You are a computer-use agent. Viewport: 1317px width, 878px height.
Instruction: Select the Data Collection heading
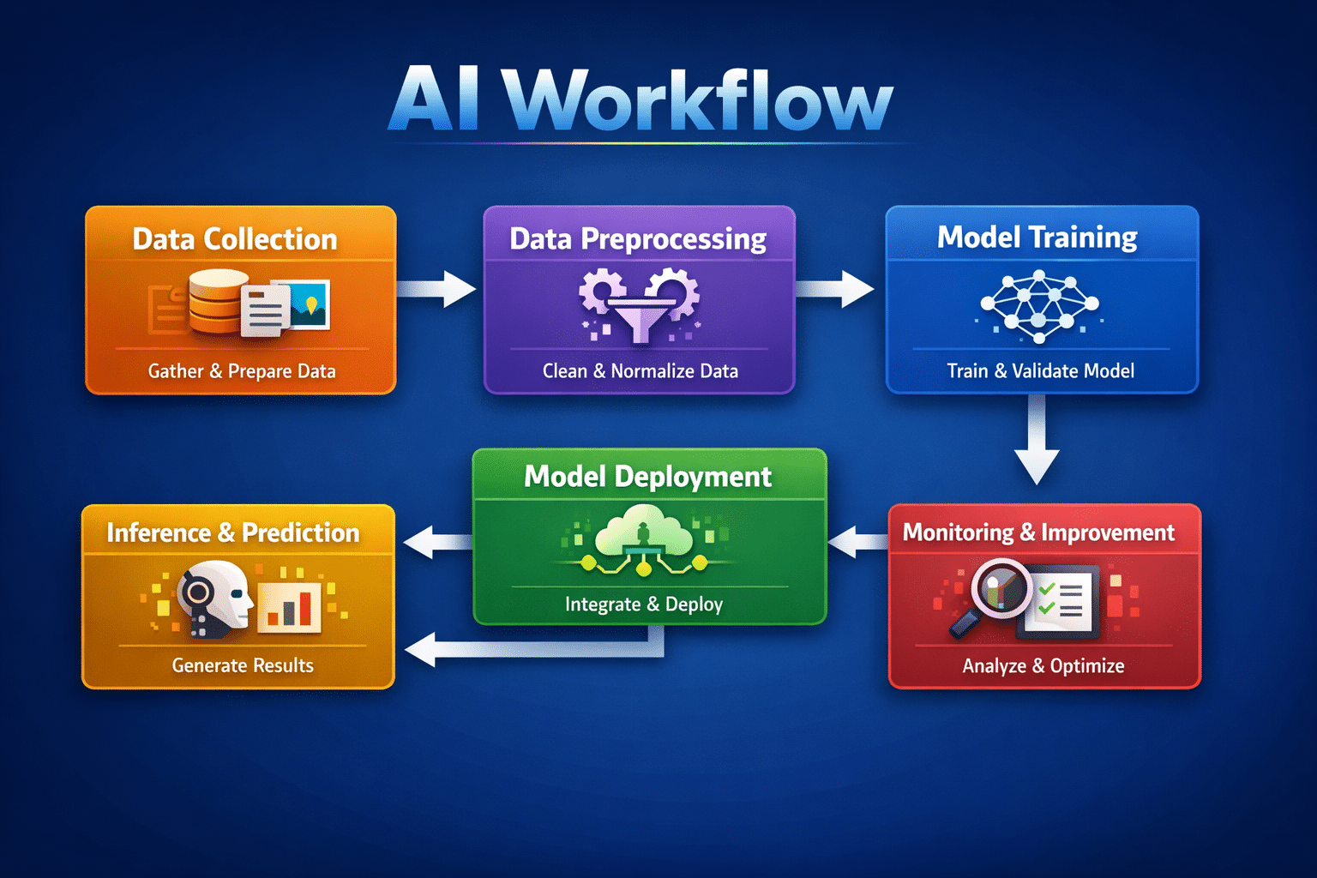click(x=235, y=239)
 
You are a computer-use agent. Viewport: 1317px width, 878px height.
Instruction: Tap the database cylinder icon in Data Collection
click(x=216, y=302)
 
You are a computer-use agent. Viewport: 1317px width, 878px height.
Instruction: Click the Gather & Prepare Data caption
click(x=242, y=371)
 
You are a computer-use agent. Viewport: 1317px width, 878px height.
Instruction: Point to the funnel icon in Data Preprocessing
click(x=640, y=317)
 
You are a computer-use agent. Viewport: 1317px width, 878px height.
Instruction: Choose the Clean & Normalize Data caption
click(x=640, y=371)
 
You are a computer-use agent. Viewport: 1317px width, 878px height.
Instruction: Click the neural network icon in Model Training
click(x=1039, y=306)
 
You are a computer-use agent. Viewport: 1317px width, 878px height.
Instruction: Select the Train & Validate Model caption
click(x=1040, y=371)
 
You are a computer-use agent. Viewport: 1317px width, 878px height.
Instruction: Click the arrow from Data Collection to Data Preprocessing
click(x=437, y=288)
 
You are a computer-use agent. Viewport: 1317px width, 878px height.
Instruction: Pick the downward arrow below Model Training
click(x=1037, y=442)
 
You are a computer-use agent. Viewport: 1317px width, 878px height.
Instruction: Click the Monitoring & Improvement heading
click(x=1038, y=532)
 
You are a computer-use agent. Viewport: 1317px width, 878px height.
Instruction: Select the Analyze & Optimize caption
click(x=1043, y=666)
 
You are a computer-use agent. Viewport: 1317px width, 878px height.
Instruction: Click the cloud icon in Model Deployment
click(x=641, y=532)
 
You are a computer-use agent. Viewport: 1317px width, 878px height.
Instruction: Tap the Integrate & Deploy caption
click(x=643, y=604)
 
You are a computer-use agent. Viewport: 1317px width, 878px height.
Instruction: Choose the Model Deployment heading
click(x=647, y=477)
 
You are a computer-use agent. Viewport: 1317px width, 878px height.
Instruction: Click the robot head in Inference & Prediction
click(x=214, y=598)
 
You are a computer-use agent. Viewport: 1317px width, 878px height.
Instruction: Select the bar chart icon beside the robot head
click(x=290, y=605)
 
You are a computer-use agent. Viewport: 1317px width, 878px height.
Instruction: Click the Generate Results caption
click(x=243, y=665)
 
